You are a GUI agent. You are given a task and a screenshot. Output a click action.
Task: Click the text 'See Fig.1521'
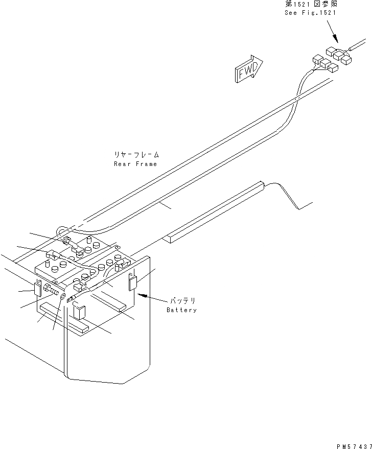coord(311,12)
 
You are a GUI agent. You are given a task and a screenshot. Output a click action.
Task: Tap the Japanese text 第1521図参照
coord(311,4)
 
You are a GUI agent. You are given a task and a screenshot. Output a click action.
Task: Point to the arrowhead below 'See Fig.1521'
coord(335,41)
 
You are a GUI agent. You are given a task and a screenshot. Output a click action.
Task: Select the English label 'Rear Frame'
coord(135,164)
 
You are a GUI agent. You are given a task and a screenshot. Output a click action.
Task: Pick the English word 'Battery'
coord(181,310)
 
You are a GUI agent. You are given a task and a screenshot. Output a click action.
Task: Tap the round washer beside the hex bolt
coord(62,297)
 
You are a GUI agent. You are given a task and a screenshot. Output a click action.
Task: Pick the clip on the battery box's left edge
coord(38,288)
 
